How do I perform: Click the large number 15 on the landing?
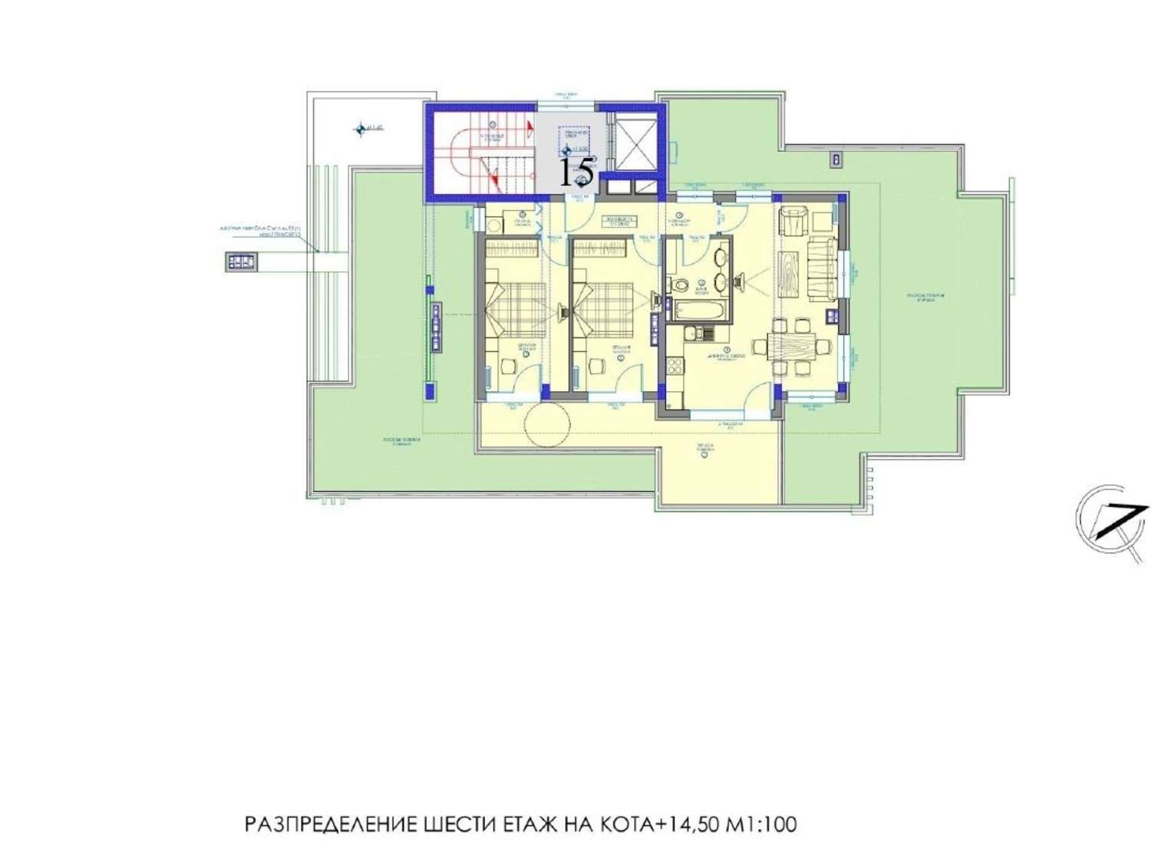point(575,173)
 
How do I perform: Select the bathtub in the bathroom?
point(698,311)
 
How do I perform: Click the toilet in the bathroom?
point(680,285)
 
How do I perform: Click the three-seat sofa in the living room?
point(821,269)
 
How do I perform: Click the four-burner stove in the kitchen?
point(675,366)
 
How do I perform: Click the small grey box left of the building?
point(242,261)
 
